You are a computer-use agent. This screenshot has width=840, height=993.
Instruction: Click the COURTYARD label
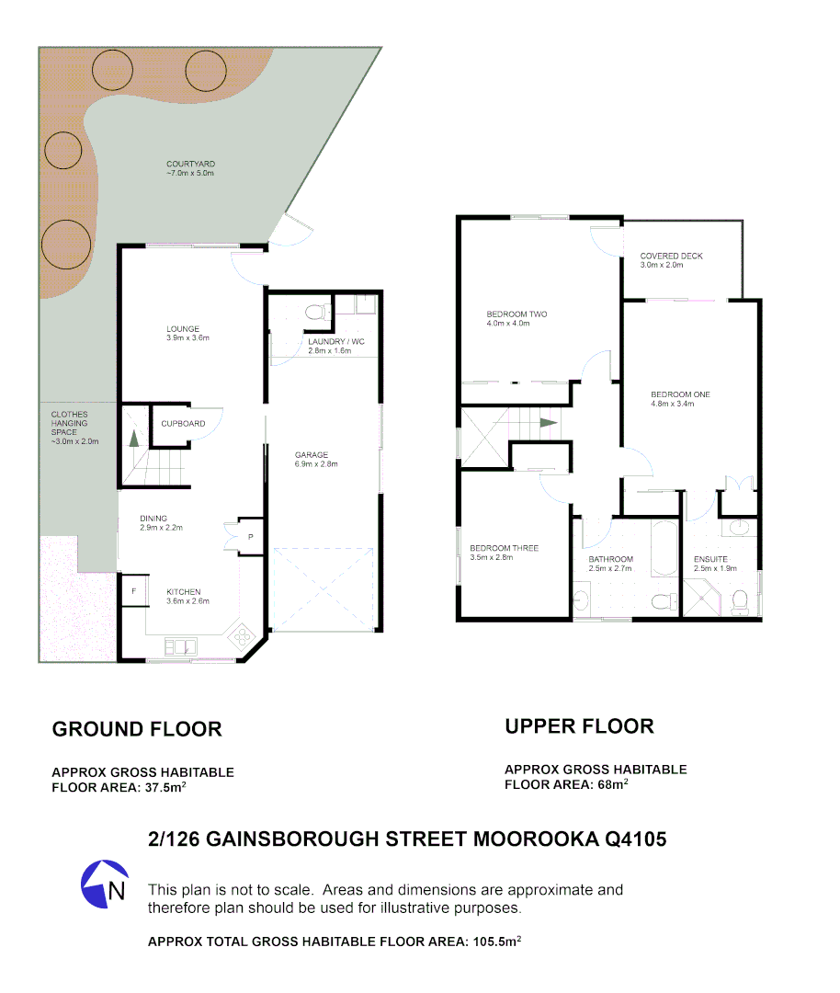click(x=190, y=168)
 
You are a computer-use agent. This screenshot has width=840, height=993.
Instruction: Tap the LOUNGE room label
click(x=183, y=333)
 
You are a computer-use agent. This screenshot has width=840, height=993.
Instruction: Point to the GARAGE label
click(x=316, y=459)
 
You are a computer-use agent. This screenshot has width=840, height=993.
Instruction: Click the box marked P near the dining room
click(x=250, y=536)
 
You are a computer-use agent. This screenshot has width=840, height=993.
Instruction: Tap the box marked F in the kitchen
click(x=133, y=590)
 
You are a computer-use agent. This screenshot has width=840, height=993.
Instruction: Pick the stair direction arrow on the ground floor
click(x=133, y=439)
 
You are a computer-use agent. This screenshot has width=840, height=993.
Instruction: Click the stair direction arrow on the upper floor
click(x=548, y=423)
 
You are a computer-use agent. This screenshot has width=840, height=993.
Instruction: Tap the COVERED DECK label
click(x=671, y=260)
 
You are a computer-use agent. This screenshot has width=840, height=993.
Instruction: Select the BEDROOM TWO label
click(x=516, y=318)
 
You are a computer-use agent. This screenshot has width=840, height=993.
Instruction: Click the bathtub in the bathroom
click(x=664, y=548)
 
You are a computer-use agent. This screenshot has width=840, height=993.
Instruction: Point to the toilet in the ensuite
click(x=739, y=602)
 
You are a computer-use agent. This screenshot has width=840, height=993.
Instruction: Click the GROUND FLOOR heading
click(x=137, y=729)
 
